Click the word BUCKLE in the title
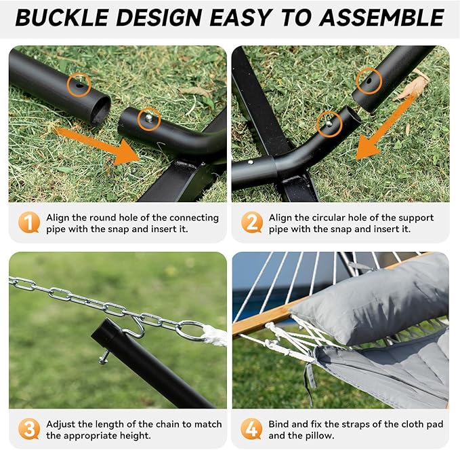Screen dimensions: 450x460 [60, 17]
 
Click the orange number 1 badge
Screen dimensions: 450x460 [28, 223]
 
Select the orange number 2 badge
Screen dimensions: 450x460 [252, 223]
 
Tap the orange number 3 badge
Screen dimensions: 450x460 [28, 429]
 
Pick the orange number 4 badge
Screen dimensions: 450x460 [252, 429]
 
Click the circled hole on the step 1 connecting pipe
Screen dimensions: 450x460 [80, 84]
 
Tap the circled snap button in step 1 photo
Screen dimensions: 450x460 [148, 119]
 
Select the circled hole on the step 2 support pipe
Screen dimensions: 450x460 [369, 81]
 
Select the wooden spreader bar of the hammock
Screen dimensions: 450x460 [271, 318]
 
